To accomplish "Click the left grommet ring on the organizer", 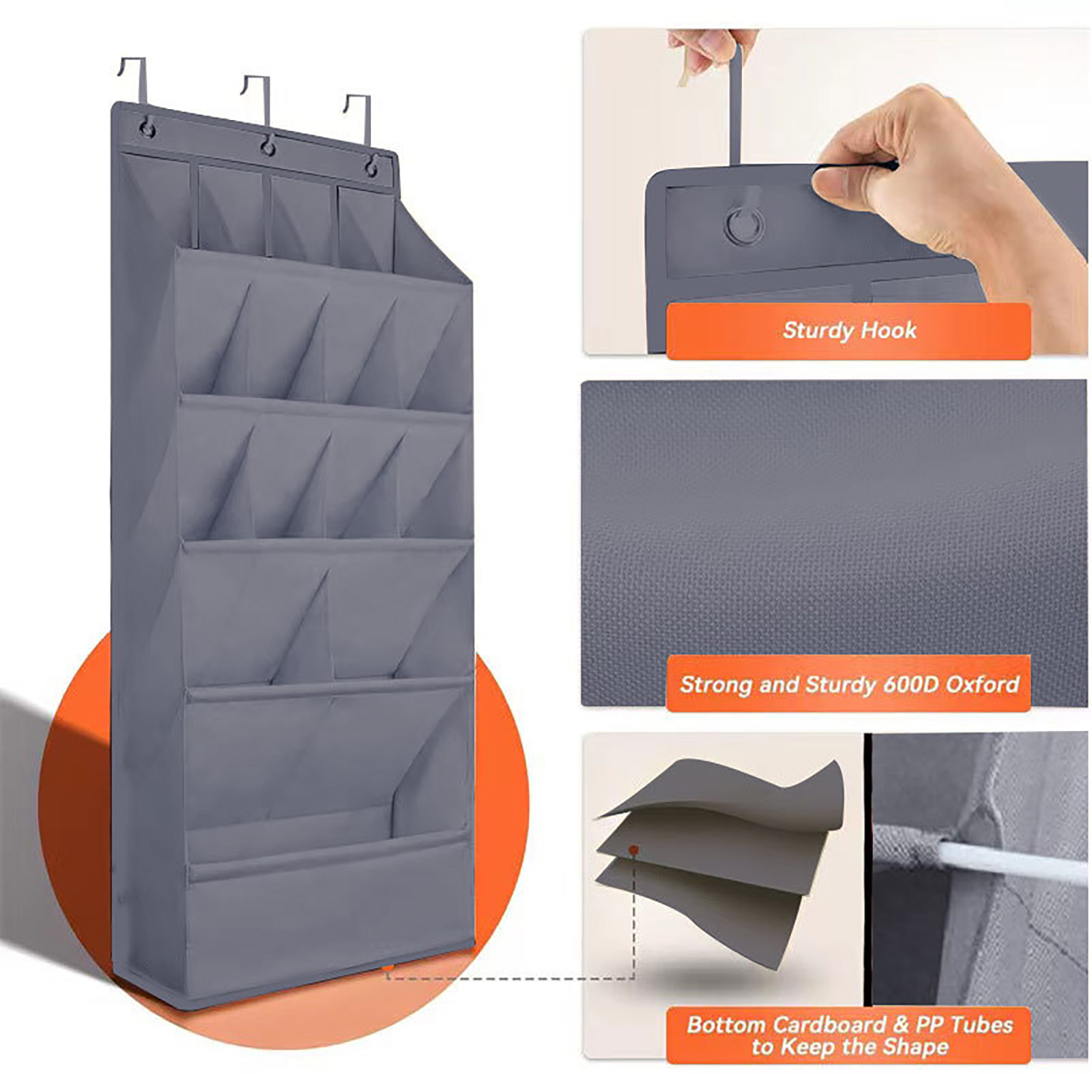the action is coord(146,127).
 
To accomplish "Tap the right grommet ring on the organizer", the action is coord(372,166).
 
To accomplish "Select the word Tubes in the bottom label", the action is coord(981,1025).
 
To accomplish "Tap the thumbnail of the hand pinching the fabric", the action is coord(835,192).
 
